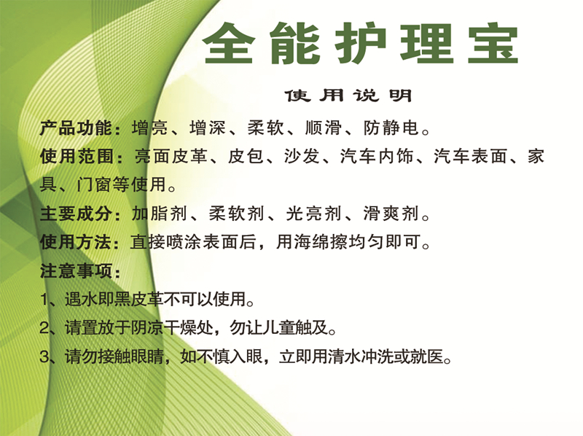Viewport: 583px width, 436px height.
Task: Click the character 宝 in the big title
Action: (x=493, y=43)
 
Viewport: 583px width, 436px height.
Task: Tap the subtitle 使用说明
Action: (x=348, y=96)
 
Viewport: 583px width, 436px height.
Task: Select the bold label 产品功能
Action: (x=77, y=128)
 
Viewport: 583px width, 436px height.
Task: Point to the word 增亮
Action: (x=150, y=128)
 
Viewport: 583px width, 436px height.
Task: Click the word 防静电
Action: (x=391, y=128)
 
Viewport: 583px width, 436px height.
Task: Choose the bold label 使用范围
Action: (x=77, y=156)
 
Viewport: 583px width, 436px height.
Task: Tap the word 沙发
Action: (x=302, y=156)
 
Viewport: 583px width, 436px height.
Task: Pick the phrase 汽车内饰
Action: (x=377, y=156)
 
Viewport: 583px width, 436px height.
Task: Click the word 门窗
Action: (x=95, y=184)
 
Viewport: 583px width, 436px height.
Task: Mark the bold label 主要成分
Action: (x=77, y=214)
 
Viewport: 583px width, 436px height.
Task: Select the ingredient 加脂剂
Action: (x=159, y=214)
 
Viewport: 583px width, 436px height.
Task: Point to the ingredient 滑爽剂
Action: (x=391, y=214)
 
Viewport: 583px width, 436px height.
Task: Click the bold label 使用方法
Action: (x=77, y=242)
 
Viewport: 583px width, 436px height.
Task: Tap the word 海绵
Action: (x=313, y=242)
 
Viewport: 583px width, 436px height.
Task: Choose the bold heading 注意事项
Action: (x=77, y=270)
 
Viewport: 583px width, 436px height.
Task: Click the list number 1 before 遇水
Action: (x=44, y=300)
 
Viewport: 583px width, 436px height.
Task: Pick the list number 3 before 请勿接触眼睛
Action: (x=44, y=357)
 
